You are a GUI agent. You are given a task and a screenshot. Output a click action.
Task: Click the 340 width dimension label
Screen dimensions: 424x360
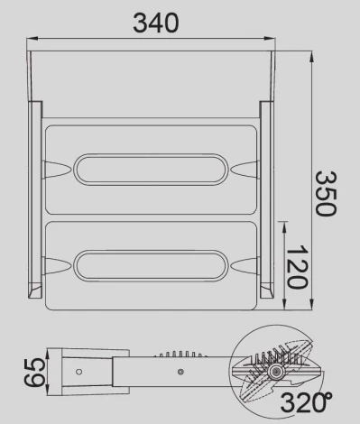point(155,22)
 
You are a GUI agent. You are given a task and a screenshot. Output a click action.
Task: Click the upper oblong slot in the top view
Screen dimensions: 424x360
point(150,169)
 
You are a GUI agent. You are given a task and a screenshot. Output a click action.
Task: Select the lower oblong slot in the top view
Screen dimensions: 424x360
point(150,264)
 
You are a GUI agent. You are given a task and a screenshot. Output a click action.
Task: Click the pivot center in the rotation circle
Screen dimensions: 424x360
point(276,371)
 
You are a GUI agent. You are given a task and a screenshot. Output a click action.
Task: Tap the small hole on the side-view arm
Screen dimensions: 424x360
point(180,371)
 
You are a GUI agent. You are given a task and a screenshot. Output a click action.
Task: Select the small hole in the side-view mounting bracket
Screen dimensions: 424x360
point(78,371)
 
